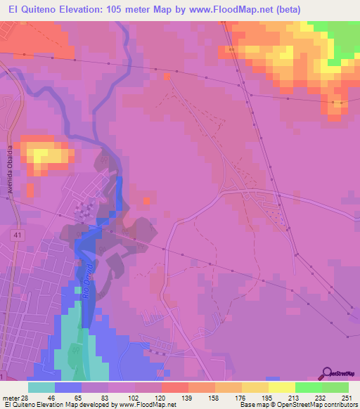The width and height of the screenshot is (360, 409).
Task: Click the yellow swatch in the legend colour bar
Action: [x=281, y=387]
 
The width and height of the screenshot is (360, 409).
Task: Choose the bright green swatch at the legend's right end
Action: [x=335, y=387]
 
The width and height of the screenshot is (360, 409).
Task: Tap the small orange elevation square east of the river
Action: [x=146, y=202]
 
